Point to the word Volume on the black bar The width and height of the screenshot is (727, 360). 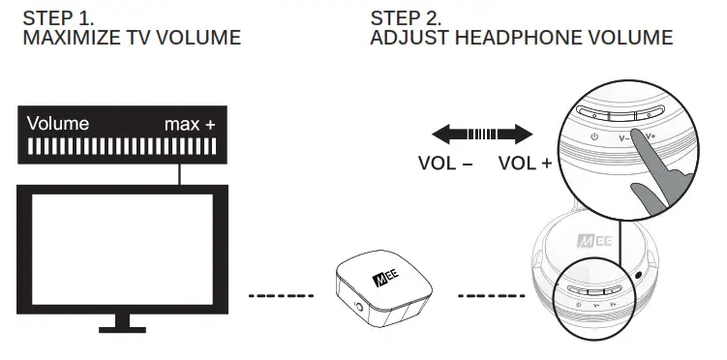[58, 124]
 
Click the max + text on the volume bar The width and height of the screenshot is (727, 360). [190, 124]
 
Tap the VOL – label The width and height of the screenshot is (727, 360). [445, 163]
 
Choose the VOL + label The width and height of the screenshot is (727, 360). [525, 163]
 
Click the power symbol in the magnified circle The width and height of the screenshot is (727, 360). [594, 138]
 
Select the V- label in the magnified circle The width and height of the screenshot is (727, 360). [625, 138]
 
